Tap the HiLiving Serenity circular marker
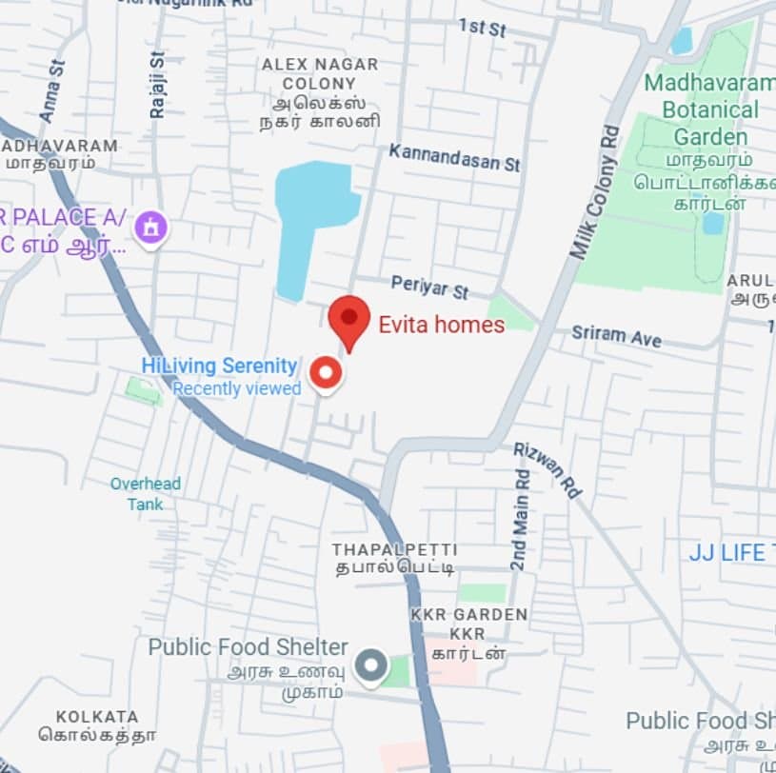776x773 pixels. click(326, 372)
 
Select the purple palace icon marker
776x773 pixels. click(150, 228)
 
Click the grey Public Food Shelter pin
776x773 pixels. click(370, 665)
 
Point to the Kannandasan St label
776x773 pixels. click(454, 158)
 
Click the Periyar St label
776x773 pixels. click(430, 287)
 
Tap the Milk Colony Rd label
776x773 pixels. click(594, 190)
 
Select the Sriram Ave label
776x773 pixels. click(616, 335)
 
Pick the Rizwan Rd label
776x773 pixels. click(547, 469)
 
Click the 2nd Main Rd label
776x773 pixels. click(519, 520)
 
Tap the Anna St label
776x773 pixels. click(52, 91)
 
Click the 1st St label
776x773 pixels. click(482, 28)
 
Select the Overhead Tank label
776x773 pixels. click(145, 493)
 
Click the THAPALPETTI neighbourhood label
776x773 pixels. click(394, 550)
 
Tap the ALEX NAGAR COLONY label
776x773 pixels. click(320, 73)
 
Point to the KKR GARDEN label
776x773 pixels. click(468, 615)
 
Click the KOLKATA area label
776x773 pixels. click(97, 716)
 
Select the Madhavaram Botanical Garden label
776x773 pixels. click(709, 109)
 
